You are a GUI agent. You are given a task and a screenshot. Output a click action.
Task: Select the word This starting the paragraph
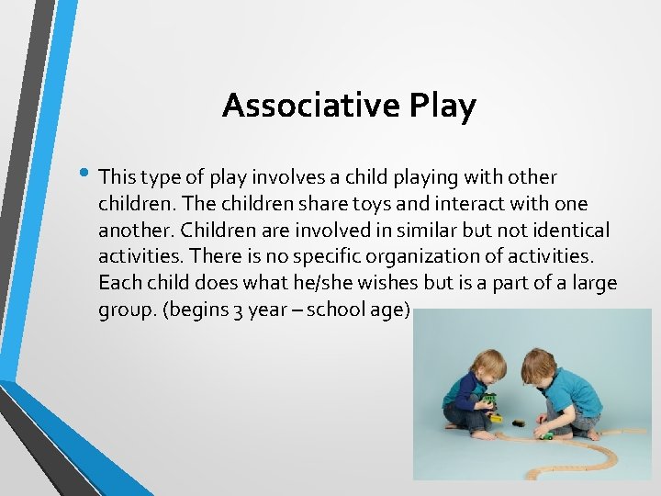(x=117, y=175)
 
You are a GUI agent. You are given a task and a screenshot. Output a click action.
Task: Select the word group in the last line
(x=125, y=310)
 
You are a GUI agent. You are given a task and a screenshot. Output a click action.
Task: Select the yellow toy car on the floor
(x=497, y=418)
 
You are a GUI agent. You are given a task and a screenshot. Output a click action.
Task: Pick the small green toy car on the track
(x=547, y=436)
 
